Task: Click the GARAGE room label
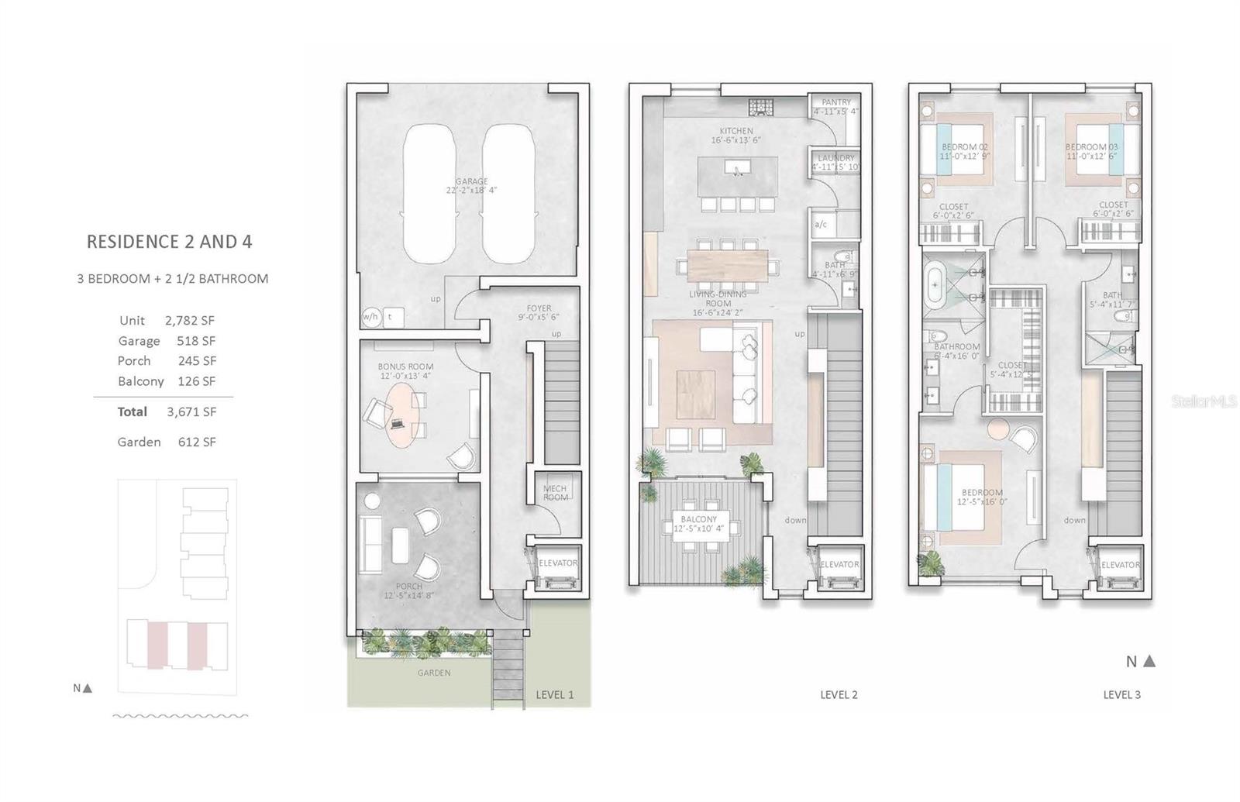coord(471,181)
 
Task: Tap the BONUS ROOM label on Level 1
coord(405,367)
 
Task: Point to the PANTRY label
coord(836,102)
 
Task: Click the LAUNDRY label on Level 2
coord(836,158)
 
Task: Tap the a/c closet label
coord(821,225)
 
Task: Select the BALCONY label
coord(698,519)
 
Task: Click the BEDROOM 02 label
coord(964,146)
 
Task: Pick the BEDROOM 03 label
coord(1091,146)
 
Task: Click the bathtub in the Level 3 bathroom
coord(935,285)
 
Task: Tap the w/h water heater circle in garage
coord(370,316)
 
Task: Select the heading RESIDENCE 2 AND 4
coord(169,242)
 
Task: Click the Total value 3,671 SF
coord(191,412)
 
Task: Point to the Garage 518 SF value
coord(195,341)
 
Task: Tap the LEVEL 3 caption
coord(1121,695)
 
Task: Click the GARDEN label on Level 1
coord(433,673)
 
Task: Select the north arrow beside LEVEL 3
coord(1149,661)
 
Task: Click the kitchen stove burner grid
coord(756,107)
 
